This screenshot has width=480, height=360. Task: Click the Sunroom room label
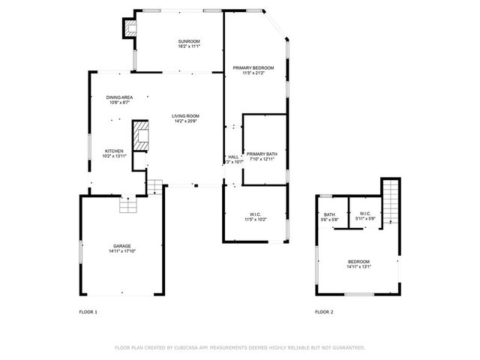point(188,40)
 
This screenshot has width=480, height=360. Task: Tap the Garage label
point(122,246)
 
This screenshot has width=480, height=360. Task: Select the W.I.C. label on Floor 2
point(365,214)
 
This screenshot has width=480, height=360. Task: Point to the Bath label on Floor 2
point(329,214)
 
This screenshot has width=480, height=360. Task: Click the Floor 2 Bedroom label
point(358,262)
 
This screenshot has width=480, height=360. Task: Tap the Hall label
point(233,157)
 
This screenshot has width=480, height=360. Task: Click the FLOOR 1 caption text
point(88,311)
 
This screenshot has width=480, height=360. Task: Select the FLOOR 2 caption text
point(324,311)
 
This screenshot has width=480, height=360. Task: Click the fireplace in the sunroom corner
point(130,28)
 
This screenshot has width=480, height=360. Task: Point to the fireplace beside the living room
point(141,136)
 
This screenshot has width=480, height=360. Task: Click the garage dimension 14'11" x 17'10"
point(122,251)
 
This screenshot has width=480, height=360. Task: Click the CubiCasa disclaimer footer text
point(240,347)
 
